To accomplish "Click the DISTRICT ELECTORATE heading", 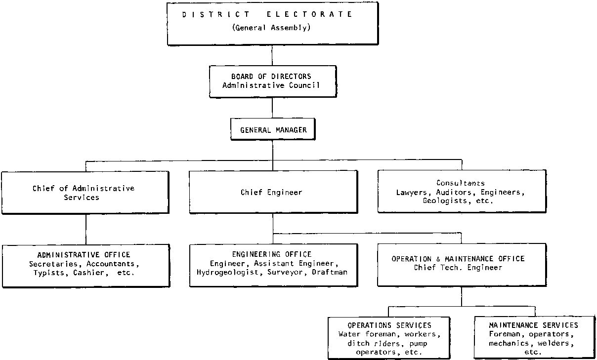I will [x=267, y=14].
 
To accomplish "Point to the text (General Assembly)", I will [x=271, y=28].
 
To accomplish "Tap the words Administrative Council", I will [x=271, y=85].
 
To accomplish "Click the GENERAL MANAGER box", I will [x=273, y=130].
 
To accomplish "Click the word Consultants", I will [x=461, y=183].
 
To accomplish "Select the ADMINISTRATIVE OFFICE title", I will [x=84, y=255].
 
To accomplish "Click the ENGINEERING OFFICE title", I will [x=272, y=254].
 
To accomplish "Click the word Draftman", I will [x=330, y=272].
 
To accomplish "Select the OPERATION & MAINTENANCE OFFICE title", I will [x=458, y=259].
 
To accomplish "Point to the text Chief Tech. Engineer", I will [x=458, y=268].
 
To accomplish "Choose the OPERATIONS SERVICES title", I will [x=389, y=325].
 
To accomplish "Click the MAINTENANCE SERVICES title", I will [x=533, y=325].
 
